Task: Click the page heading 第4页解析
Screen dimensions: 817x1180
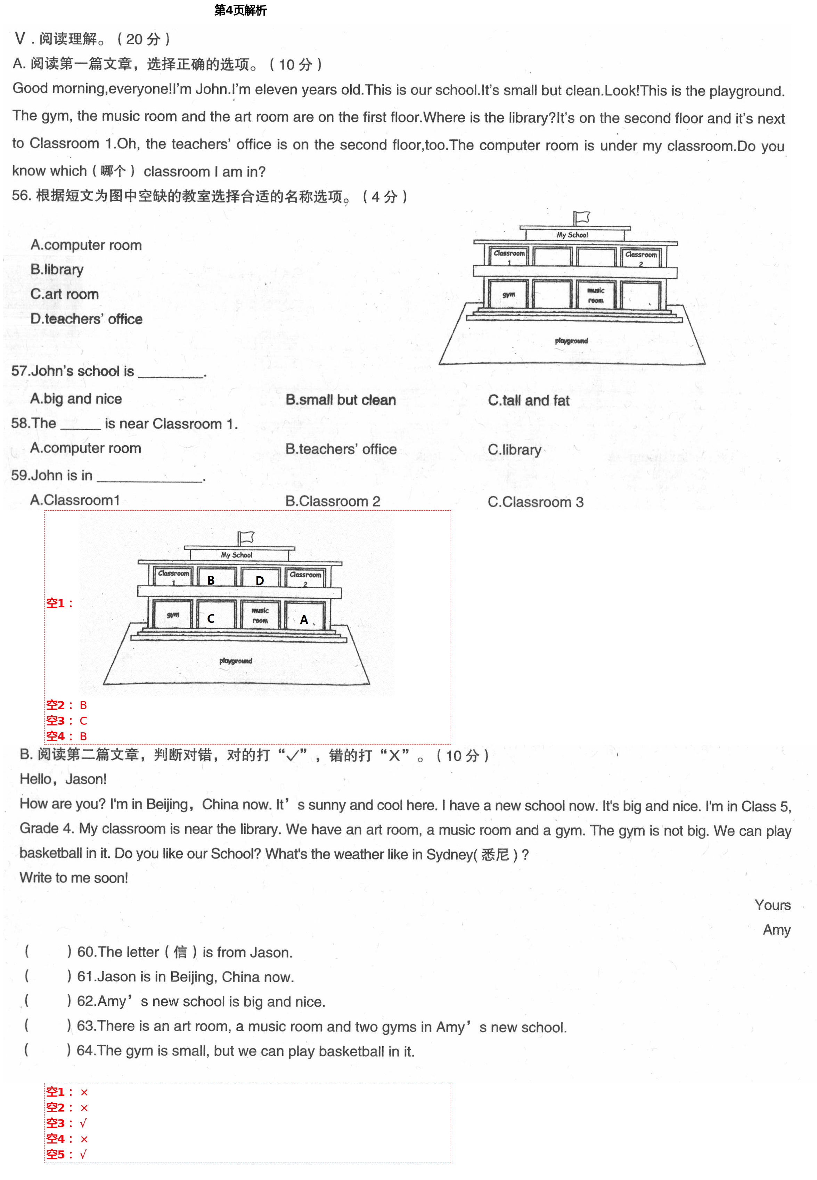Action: [240, 10]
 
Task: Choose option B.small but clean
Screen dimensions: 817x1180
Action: [341, 400]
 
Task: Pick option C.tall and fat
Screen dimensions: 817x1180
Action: [528, 400]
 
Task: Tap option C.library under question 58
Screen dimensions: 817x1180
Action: [514, 449]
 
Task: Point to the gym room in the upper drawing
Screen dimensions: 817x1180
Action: [508, 295]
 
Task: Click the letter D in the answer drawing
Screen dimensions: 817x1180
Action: [260, 580]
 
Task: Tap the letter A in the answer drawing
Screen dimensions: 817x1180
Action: [304, 619]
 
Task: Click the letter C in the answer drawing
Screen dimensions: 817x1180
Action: [210, 618]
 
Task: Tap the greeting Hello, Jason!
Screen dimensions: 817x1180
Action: [63, 779]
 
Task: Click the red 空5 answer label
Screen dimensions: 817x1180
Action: [56, 1154]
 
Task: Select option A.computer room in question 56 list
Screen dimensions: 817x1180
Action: [86, 245]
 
